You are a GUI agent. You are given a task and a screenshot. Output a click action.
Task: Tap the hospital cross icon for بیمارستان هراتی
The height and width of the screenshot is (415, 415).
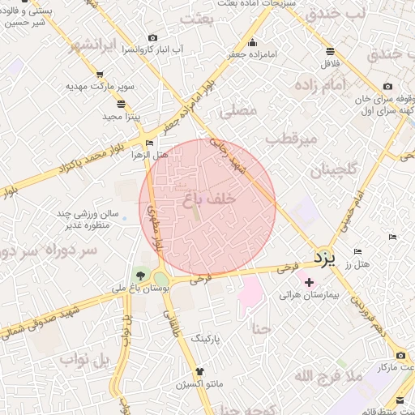pyautogui.click(x=308, y=281)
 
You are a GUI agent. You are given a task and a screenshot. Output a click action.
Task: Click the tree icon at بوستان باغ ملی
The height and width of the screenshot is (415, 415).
pyautogui.click(x=142, y=275)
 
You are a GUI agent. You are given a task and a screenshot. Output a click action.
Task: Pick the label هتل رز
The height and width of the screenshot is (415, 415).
pyautogui.click(x=357, y=265)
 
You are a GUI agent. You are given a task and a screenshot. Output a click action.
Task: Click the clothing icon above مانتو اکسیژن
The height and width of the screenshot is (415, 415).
pyautogui.click(x=177, y=370)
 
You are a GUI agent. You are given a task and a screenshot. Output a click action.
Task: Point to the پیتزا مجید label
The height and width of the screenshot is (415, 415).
pyautogui.click(x=122, y=117)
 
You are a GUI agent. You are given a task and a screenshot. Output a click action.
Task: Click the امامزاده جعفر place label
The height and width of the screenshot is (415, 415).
pyautogui.click(x=253, y=54)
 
